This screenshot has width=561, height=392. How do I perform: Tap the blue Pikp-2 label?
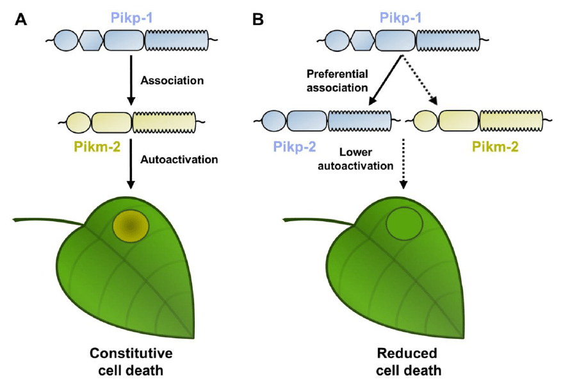(x=294, y=146)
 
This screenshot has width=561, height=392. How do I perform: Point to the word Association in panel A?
(x=172, y=81)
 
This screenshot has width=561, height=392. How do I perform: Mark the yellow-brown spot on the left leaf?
(x=131, y=226)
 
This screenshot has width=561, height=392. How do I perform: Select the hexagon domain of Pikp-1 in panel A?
(x=90, y=42)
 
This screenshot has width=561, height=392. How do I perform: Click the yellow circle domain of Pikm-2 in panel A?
(x=79, y=121)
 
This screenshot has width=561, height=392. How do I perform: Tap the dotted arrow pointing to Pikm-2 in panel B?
(x=420, y=80)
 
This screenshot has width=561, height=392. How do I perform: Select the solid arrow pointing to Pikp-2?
(x=385, y=80)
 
